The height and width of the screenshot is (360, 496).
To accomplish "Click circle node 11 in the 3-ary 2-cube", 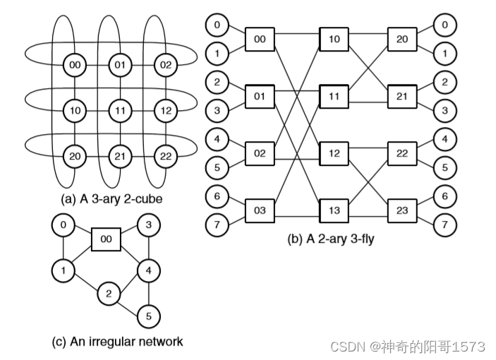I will [x=120, y=111].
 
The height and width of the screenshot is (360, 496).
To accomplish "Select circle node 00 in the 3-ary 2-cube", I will [x=75, y=66].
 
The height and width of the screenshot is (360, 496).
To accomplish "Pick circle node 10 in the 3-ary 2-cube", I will [x=75, y=111].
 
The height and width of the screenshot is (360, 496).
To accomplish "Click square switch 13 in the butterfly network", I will [x=334, y=210].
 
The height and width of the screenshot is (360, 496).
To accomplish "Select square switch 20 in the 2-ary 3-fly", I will [x=401, y=40].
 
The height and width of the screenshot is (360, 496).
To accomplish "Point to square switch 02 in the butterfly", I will [x=260, y=152].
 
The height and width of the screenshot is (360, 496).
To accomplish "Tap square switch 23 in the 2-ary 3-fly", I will [x=401, y=210].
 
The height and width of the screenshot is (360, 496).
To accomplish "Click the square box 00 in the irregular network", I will [x=106, y=240].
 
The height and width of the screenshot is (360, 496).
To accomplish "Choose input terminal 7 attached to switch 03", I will [x=217, y=225].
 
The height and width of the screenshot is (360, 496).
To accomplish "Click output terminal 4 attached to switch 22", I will [x=443, y=139].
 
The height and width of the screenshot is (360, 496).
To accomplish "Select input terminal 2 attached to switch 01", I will [x=217, y=82].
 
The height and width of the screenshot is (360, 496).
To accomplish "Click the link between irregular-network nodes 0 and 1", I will [x=63, y=248].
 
